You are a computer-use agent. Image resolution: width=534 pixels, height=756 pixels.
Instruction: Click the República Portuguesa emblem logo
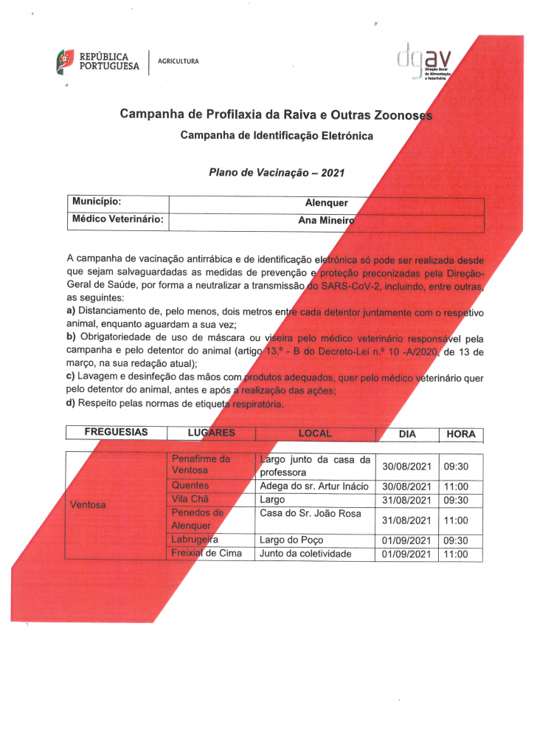pyautogui.click(x=66, y=62)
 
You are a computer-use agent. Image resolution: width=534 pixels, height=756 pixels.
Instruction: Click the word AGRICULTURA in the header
pyautogui.click(x=178, y=61)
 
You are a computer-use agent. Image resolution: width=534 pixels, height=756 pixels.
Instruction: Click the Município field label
pyautogui.click(x=97, y=202)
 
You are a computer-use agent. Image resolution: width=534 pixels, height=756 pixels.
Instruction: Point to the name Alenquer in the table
pyautogui.click(x=326, y=203)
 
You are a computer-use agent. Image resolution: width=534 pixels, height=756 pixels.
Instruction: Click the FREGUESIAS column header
pyautogui.click(x=116, y=433)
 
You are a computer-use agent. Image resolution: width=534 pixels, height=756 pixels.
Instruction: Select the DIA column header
pyautogui.click(x=407, y=434)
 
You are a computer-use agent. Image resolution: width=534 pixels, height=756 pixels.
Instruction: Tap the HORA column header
pyautogui.click(x=460, y=434)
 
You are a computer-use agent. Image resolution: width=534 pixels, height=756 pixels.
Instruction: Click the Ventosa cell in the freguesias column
pyautogui.click(x=87, y=505)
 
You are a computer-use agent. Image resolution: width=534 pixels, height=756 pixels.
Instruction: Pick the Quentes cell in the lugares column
pyautogui.click(x=190, y=486)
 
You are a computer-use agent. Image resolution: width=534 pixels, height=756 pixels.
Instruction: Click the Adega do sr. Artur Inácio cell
pyautogui.click(x=313, y=486)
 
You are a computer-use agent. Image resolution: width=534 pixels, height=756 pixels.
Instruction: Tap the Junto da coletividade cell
pyautogui.click(x=305, y=554)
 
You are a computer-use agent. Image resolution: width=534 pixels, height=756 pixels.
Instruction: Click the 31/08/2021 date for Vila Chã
pyautogui.click(x=406, y=500)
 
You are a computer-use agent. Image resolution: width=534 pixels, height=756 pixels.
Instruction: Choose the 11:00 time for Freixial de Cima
pyautogui.click(x=456, y=554)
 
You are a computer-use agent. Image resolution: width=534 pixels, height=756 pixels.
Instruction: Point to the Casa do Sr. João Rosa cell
pyautogui.click(x=310, y=513)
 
